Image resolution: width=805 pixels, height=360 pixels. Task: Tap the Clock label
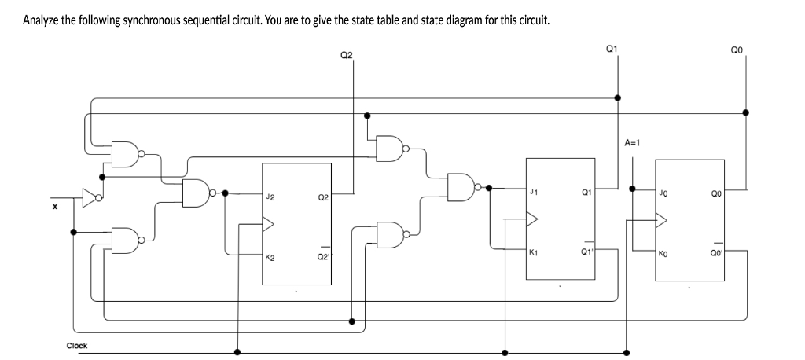click(x=77, y=345)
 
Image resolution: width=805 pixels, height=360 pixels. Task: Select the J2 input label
click(x=270, y=197)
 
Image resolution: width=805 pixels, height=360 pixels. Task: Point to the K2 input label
click(x=270, y=257)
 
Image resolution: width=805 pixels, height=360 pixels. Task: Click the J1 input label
click(x=535, y=191)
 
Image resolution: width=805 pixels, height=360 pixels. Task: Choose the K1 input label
click(x=535, y=252)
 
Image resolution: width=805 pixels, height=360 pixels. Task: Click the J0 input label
click(x=663, y=193)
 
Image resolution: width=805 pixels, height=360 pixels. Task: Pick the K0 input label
click(x=663, y=253)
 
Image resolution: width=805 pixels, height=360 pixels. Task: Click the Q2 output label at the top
click(x=347, y=54)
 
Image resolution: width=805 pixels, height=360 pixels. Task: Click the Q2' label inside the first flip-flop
click(x=322, y=257)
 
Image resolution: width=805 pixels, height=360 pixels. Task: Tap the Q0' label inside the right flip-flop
click(x=715, y=253)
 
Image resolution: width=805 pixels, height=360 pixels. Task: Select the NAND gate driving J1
click(x=461, y=187)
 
